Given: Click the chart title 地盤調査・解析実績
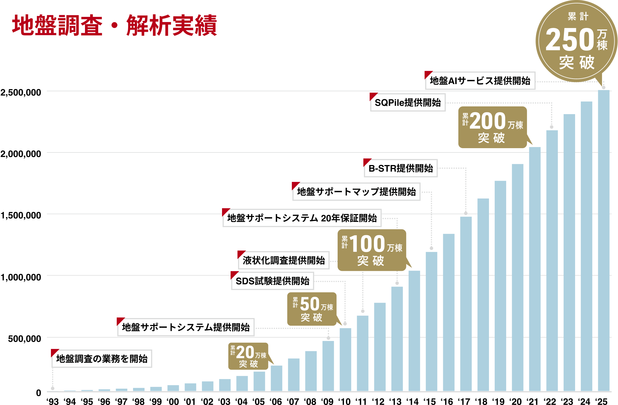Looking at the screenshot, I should tap(114, 26).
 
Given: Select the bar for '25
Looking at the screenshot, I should tap(604, 240).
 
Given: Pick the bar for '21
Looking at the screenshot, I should tap(535, 269).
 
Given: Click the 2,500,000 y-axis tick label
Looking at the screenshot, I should tap(21, 92).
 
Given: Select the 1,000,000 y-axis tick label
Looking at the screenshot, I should tap(21, 277).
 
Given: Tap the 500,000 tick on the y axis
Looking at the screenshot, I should tap(24, 339).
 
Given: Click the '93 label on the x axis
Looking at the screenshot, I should tap(53, 401).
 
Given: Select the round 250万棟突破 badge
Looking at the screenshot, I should tap(577, 41).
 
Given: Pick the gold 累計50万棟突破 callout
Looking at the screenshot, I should tap(312, 309).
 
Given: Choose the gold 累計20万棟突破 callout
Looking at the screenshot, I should tap(248, 356).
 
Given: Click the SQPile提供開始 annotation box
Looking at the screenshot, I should tap(408, 102).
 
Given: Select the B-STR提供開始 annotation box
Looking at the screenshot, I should tap(401, 168).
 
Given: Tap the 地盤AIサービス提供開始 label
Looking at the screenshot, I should tap(480, 81).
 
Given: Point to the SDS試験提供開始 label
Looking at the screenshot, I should tap(272, 281).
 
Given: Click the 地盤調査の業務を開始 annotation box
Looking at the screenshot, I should tap(102, 358).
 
